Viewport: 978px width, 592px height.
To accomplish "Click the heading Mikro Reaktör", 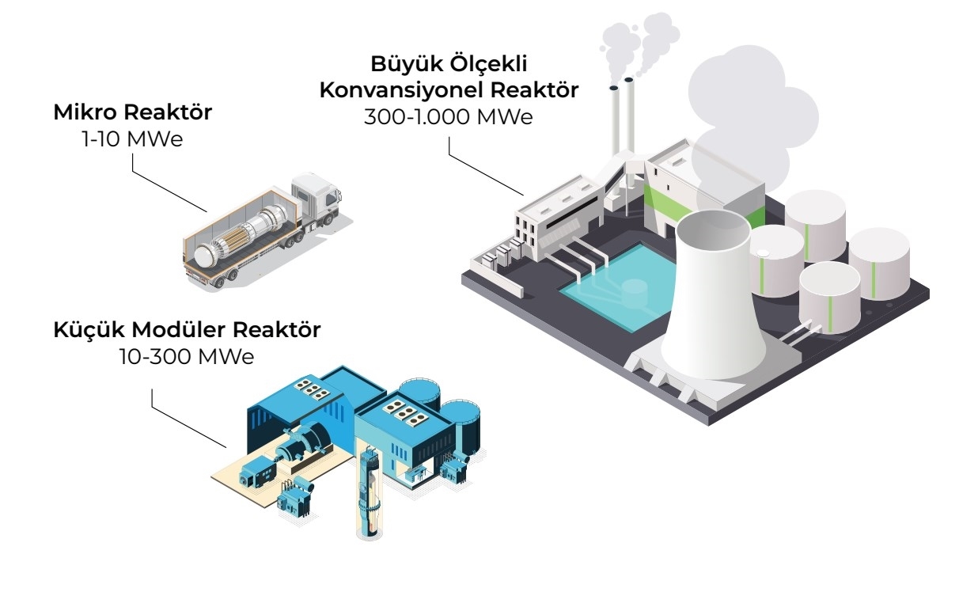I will [x=132, y=112].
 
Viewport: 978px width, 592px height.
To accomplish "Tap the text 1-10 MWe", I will [x=132, y=140].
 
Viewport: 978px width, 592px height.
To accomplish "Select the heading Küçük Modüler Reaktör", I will [x=187, y=330].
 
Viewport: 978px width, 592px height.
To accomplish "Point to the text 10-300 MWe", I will [x=187, y=356].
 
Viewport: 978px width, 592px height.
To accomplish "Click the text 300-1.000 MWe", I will [x=449, y=116].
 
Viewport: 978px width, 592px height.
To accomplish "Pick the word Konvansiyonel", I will [x=397, y=89].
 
